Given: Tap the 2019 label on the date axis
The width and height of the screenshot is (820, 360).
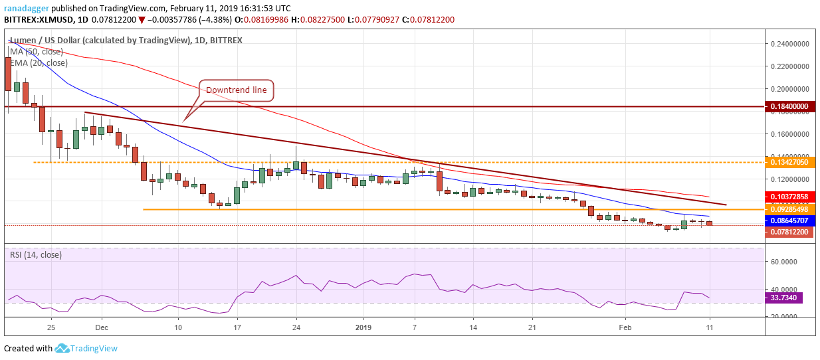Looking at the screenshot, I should pyautogui.click(x=363, y=327).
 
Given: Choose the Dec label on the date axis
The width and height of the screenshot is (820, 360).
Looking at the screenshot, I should pyautogui.click(x=101, y=327).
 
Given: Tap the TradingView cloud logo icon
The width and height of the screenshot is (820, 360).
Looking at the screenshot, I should pyautogui.click(x=62, y=348).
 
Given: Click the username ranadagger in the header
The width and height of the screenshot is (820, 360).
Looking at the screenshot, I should pyautogui.click(x=27, y=8).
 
